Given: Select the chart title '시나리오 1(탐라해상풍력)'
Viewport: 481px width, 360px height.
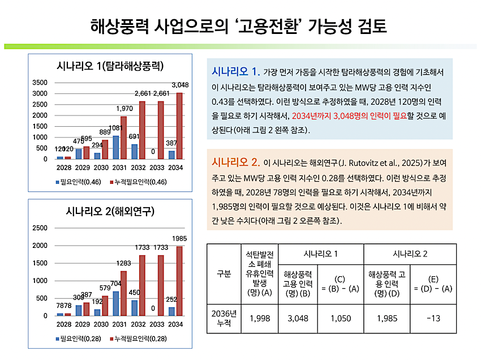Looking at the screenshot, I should tap(110, 66).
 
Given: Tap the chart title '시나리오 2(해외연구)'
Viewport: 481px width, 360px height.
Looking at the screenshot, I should tap(110, 212).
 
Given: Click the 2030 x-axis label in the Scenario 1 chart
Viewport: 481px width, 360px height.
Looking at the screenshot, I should tap(101, 168).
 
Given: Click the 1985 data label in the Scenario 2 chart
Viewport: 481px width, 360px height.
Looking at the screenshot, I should tap(179, 238).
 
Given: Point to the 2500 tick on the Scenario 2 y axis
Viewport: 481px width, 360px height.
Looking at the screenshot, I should tap(40, 228).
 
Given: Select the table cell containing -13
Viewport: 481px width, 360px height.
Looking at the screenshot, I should tap(434, 319).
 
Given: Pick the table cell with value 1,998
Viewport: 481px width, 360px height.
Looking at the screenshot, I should tap(256, 319).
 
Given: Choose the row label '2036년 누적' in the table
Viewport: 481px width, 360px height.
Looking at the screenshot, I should tap(224, 319).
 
